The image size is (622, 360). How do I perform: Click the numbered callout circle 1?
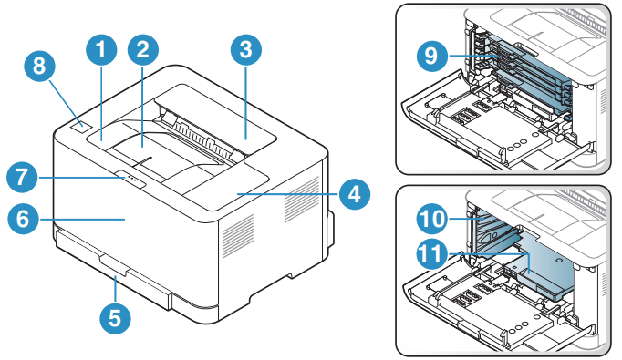pos(101,50)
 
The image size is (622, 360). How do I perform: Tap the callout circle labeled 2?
pos(143,50)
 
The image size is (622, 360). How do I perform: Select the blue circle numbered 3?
pos(246,50)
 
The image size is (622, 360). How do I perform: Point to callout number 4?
pos(354,195)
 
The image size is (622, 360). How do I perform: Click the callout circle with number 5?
pos(115,317)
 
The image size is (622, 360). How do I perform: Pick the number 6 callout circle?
pos(23,219)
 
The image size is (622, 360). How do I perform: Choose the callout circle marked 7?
pos(22,177)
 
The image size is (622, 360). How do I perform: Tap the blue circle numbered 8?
pos(39,66)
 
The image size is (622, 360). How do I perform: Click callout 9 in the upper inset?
pos(432,56)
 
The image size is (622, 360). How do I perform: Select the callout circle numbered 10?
pos(432,219)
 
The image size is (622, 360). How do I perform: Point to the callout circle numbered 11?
pos(432,253)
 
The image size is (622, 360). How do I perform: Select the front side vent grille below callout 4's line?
pos(238,235)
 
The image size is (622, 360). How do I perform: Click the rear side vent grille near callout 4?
pos(301,201)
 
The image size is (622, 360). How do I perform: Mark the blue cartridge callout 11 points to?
pos(539,263)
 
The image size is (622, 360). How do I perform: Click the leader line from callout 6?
pos(82,219)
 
